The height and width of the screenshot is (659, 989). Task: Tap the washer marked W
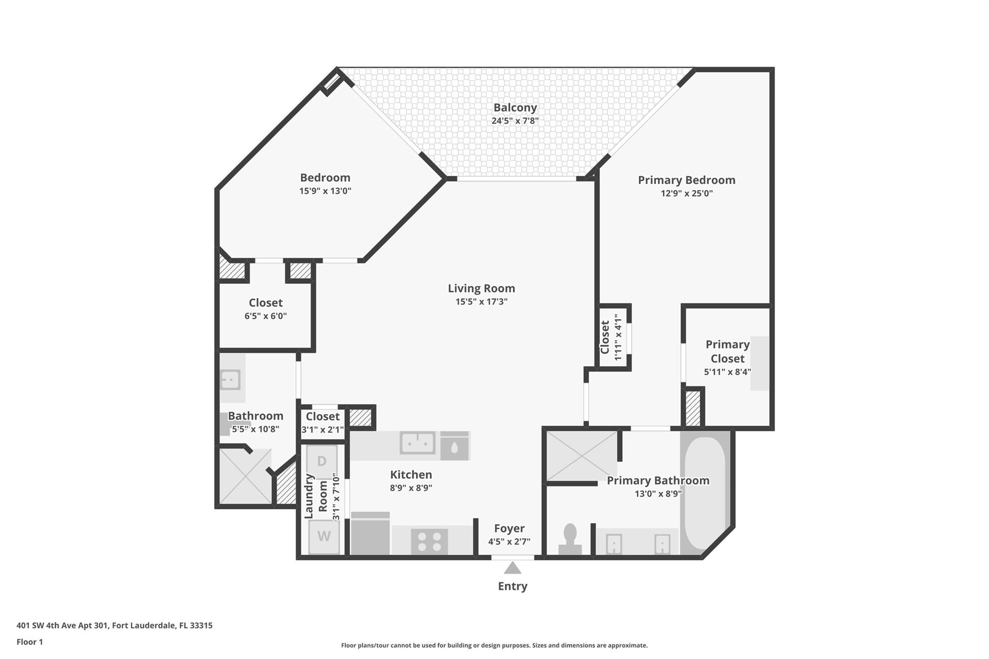pyautogui.click(x=324, y=536)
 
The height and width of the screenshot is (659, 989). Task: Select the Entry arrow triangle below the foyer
pyautogui.click(x=512, y=568)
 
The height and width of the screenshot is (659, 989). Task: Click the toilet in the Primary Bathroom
pyautogui.click(x=570, y=538)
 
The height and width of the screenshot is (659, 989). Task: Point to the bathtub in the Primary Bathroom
pyautogui.click(x=705, y=492)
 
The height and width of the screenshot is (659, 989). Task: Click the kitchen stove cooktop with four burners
pyautogui.click(x=429, y=541)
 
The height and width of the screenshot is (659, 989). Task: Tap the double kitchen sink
pyautogui.click(x=417, y=442)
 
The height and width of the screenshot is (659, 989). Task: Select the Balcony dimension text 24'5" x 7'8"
pyautogui.click(x=515, y=121)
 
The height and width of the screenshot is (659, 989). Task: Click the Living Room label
pyautogui.click(x=481, y=288)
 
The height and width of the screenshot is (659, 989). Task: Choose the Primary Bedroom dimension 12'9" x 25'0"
pyautogui.click(x=686, y=194)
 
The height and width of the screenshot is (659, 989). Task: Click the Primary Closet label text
pyautogui.click(x=727, y=351)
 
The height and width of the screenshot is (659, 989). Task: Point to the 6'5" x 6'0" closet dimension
pyautogui.click(x=266, y=316)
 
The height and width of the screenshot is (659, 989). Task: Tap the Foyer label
pyautogui.click(x=509, y=528)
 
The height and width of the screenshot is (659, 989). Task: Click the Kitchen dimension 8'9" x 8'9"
pyautogui.click(x=411, y=488)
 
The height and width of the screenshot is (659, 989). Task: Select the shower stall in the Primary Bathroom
pyautogui.click(x=581, y=455)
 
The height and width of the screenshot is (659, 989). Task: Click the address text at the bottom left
pyautogui.click(x=114, y=625)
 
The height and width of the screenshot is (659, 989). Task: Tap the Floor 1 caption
pyautogui.click(x=29, y=642)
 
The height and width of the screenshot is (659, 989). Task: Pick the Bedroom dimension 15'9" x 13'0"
pyautogui.click(x=325, y=191)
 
